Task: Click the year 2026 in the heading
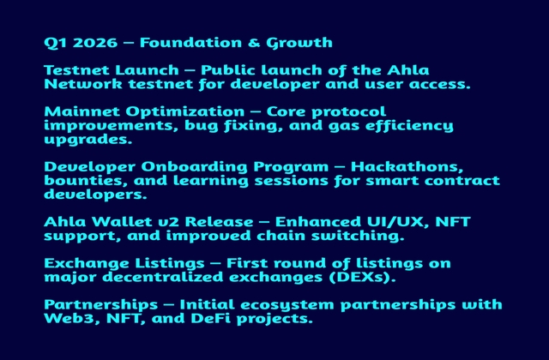(x=95, y=43)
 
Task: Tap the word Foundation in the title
(x=190, y=43)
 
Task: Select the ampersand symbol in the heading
(x=254, y=43)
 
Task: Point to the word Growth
(x=299, y=43)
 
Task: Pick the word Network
(x=83, y=84)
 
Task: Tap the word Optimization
(x=185, y=112)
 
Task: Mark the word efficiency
(x=410, y=126)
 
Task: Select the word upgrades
(x=88, y=140)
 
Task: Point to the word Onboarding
(x=195, y=167)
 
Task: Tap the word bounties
(x=86, y=181)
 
